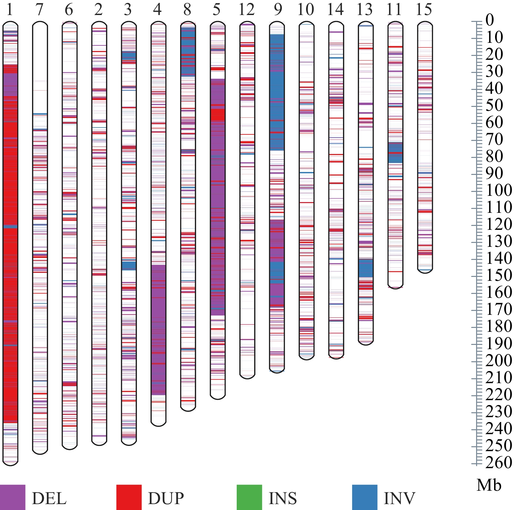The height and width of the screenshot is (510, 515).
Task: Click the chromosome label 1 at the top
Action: pyautogui.click(x=9, y=9)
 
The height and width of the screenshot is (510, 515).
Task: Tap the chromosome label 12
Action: pyautogui.click(x=247, y=9)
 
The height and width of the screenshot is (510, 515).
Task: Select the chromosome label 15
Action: pyautogui.click(x=424, y=9)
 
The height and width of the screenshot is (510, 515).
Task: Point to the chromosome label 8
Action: pyautogui.click(x=187, y=9)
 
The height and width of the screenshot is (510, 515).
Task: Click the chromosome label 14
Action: pyautogui.click(x=335, y=9)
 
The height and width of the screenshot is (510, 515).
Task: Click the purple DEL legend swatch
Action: pyautogui.click(x=12, y=497)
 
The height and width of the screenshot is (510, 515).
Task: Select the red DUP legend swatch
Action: pyautogui.click(x=129, y=497)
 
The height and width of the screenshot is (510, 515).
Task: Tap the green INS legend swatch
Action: pyautogui.click(x=249, y=497)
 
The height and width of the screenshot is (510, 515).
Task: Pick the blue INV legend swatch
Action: pyautogui.click(x=365, y=497)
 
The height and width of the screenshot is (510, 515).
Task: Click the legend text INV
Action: pyautogui.click(x=399, y=498)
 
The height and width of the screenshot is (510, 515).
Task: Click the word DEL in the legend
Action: pyautogui.click(x=49, y=498)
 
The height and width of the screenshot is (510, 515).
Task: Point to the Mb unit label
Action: pyautogui.click(x=489, y=485)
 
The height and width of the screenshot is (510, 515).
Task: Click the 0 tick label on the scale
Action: pyautogui.click(x=489, y=20)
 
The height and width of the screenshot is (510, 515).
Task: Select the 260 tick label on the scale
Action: pyautogui.click(x=499, y=462)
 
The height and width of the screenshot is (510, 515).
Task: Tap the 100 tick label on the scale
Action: pyautogui.click(x=499, y=190)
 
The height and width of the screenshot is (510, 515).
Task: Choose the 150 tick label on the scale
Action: pyautogui.click(x=499, y=275)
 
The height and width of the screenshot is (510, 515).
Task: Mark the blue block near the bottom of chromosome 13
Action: pyautogui.click(x=366, y=268)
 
